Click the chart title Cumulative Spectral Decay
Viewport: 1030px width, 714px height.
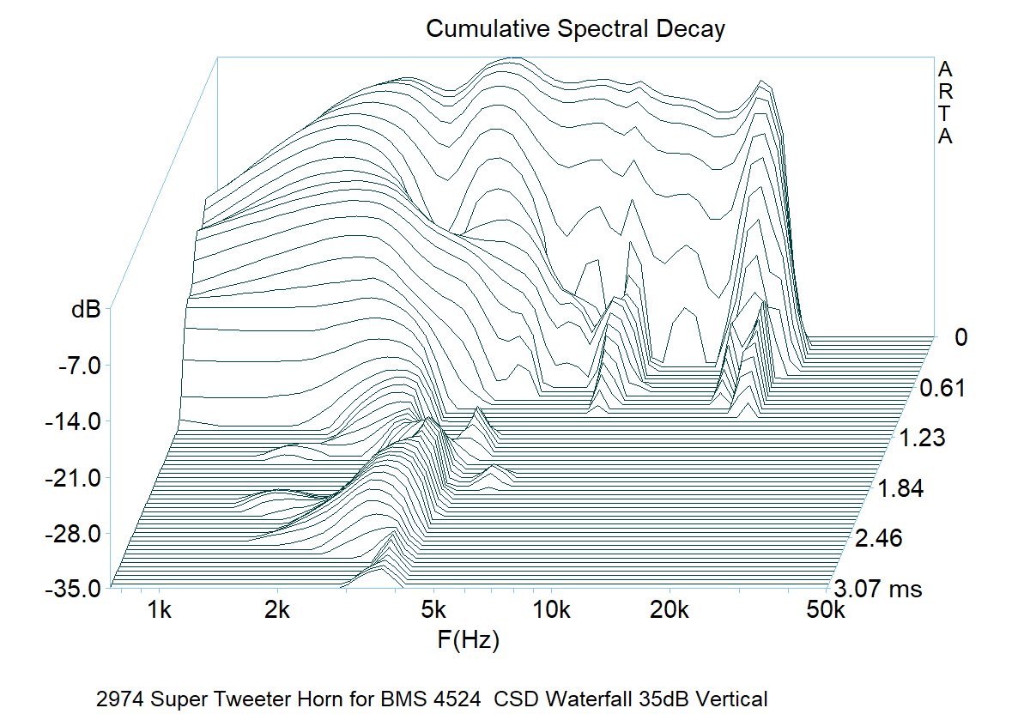click(575, 29)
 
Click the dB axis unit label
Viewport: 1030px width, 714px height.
click(86, 310)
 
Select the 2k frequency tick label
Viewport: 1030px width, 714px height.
click(278, 611)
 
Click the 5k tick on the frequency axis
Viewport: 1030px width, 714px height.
click(434, 611)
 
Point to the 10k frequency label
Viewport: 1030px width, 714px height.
click(552, 611)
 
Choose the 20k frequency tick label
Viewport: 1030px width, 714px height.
click(670, 611)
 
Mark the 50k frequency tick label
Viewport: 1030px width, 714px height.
click(825, 611)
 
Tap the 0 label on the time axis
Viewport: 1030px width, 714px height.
click(961, 338)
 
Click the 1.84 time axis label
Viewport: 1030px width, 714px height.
click(900, 490)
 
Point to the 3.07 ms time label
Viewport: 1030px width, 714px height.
click(876, 590)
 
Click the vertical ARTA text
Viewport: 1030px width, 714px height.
click(945, 102)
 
